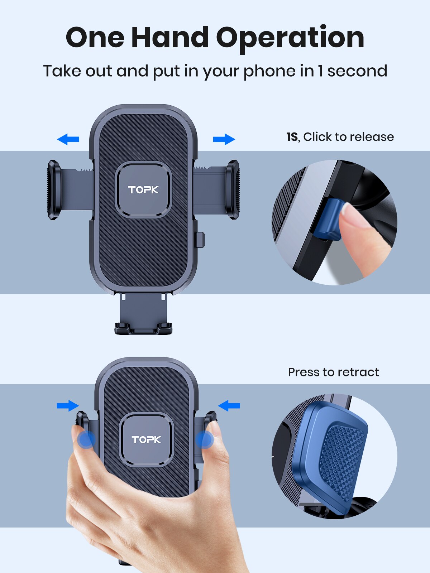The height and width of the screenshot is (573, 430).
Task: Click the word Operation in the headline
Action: coord(290,38)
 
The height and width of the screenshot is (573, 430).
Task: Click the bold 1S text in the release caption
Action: coord(292,137)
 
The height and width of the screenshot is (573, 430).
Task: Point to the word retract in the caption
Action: coord(358,372)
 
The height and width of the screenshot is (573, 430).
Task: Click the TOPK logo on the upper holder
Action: coord(143,189)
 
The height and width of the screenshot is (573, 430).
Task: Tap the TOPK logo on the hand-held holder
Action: coord(146,439)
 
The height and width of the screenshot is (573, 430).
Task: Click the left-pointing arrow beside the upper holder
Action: coord(68,139)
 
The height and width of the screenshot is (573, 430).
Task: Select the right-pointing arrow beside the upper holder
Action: coord(224,139)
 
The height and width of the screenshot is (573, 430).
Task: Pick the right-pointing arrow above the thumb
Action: coord(68,406)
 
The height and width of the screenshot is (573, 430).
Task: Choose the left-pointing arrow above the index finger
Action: coord(229,406)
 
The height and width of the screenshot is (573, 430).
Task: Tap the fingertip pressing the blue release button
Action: coord(353,222)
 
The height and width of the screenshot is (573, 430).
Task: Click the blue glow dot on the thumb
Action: coord(86,439)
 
